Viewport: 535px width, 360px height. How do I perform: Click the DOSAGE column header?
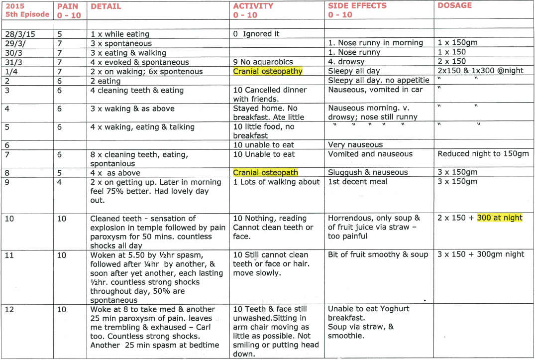(x=454, y=5)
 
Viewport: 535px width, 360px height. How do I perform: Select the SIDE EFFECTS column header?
(x=357, y=6)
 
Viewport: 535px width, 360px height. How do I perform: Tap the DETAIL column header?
(x=106, y=6)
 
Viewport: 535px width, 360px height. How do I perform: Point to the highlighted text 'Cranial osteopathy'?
(x=268, y=71)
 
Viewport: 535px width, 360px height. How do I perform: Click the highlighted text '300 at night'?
(x=500, y=218)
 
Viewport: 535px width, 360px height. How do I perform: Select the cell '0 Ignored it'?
(x=256, y=34)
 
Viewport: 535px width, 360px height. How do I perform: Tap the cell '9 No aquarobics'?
(x=264, y=62)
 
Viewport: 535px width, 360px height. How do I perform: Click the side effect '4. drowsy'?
(x=346, y=62)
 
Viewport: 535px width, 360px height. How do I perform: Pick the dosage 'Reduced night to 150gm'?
(x=483, y=154)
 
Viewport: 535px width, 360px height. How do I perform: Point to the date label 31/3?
(x=11, y=62)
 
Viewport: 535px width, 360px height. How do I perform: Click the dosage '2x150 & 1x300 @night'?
(x=480, y=71)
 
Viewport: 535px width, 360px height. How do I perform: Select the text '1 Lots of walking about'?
(x=276, y=182)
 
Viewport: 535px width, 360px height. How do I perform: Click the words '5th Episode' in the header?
(x=27, y=14)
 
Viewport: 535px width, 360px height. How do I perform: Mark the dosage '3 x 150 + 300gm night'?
(x=481, y=254)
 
